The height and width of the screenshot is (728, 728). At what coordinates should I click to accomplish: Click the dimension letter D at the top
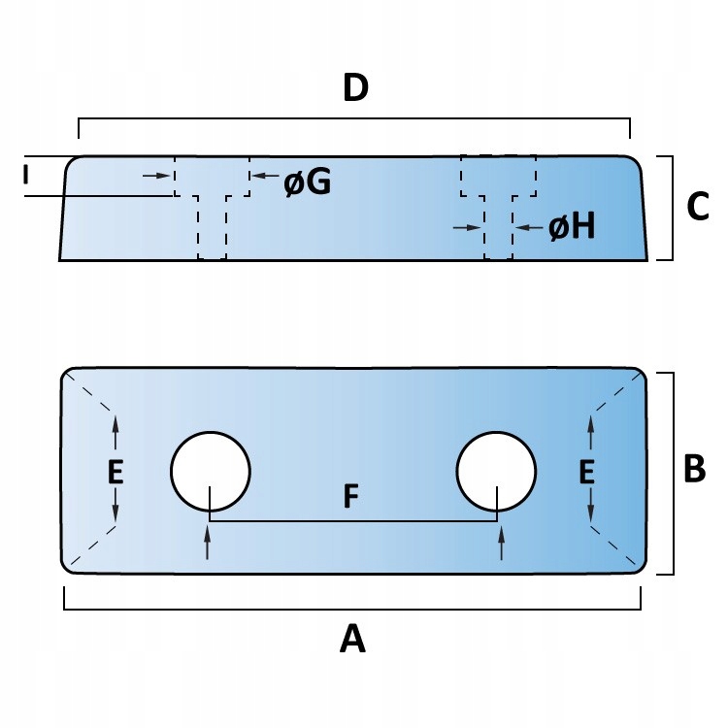pos(356,88)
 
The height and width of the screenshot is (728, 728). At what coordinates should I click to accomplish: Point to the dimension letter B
pos(695,470)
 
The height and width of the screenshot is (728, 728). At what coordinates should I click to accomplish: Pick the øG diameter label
pos(308,182)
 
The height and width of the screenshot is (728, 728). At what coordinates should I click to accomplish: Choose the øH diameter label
pos(572,227)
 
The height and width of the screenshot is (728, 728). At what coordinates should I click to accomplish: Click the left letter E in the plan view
pos(116,472)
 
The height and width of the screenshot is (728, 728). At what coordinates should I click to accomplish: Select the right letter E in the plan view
pos(586,472)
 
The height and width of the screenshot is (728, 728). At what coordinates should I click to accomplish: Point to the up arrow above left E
pos(116,427)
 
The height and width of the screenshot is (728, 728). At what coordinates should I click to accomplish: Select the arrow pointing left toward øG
pos(260,175)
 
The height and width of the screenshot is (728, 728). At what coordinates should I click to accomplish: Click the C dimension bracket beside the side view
pos(671,208)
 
